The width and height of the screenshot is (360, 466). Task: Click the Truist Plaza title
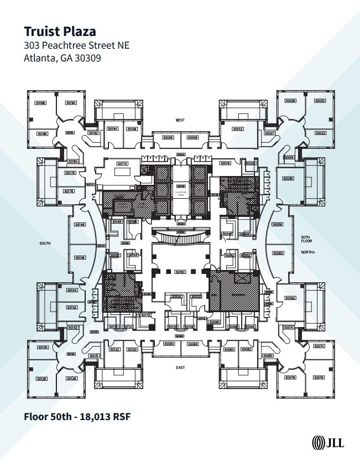pos(59,31)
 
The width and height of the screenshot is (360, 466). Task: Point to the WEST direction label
pos(180,120)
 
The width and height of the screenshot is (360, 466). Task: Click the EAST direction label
pos(180,367)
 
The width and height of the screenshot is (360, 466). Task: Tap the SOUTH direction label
pos(45,243)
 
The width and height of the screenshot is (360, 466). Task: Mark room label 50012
pos(238,129)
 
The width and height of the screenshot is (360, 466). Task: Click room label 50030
pos(320,101)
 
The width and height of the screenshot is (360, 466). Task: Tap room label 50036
pos(288,178)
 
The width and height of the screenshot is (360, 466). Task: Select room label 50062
pos(290,298)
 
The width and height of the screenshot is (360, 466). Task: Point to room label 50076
pos(318,377)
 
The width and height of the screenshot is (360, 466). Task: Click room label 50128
pos(41,379)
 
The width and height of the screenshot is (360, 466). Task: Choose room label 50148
pos(80,225)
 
